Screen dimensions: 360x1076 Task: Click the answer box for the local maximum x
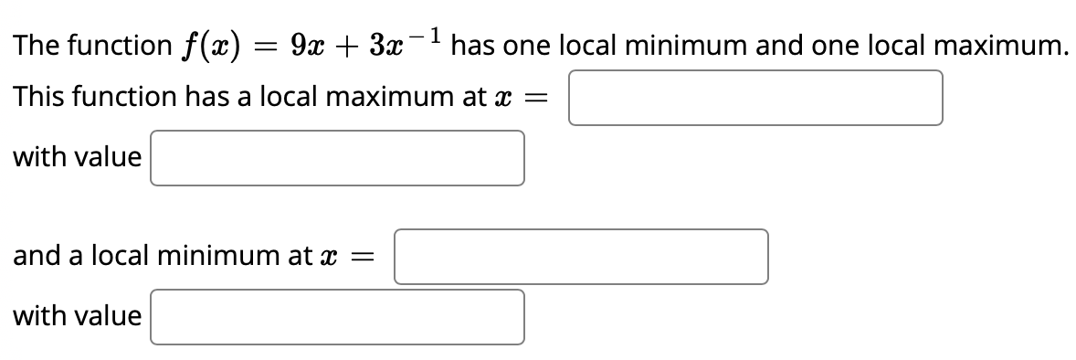pos(755,98)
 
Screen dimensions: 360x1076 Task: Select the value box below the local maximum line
pos(337,158)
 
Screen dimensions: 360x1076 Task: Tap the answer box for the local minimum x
pos(581,257)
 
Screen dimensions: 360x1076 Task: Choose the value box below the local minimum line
pos(337,317)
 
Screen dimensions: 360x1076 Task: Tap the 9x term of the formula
pos(307,46)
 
